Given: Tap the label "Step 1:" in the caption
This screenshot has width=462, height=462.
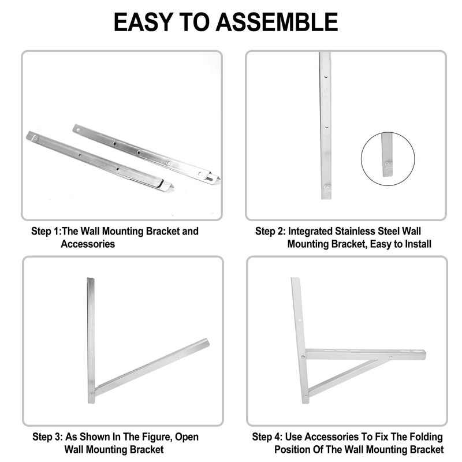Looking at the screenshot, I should [x=46, y=232].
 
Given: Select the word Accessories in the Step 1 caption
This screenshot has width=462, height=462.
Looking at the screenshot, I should [x=88, y=244].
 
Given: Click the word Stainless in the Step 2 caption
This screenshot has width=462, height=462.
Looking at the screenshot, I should [x=357, y=232].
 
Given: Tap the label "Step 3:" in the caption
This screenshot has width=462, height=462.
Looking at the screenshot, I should [x=47, y=437].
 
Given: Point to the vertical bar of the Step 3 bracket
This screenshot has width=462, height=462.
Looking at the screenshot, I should [x=91, y=335].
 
